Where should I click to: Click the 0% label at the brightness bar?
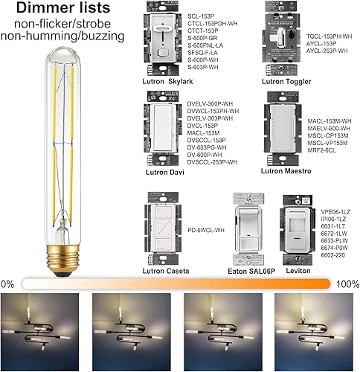click(x=7, y=284)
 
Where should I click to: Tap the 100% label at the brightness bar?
click(x=346, y=284)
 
